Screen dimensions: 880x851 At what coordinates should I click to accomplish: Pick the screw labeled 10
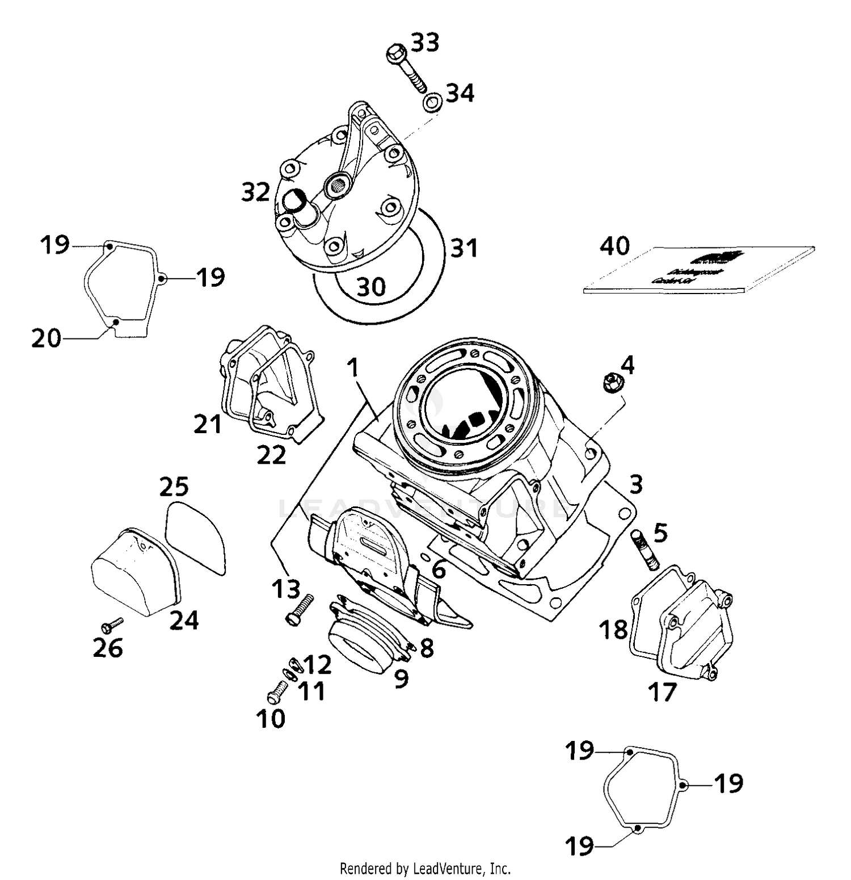click(x=275, y=692)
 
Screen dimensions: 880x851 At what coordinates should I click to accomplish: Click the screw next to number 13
click(x=299, y=610)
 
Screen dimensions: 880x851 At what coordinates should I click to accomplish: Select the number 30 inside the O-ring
click(x=371, y=287)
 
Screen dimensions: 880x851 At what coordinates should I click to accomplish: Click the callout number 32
click(x=255, y=192)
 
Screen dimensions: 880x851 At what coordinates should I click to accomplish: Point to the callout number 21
click(x=208, y=424)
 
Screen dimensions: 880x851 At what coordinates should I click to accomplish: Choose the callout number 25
click(x=174, y=487)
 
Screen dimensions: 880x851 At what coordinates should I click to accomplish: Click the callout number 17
click(x=662, y=692)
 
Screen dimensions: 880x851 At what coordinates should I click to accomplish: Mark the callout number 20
click(x=46, y=338)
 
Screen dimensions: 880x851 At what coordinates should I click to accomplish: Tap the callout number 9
click(x=402, y=677)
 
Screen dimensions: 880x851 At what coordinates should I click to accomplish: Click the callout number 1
click(x=353, y=367)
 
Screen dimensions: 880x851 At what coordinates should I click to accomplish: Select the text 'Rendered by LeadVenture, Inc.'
click(x=425, y=868)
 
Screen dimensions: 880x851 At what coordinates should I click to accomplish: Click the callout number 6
click(x=438, y=570)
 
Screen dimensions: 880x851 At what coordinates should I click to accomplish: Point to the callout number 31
click(x=464, y=248)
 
